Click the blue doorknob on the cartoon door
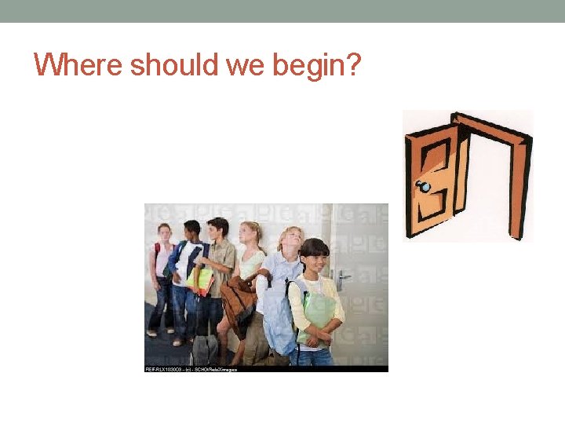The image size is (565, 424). [425, 187]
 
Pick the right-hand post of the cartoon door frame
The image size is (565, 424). [519, 188]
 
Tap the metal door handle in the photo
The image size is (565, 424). [342, 276]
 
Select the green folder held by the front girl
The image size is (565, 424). [319, 314]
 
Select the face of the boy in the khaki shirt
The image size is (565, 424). [221, 231]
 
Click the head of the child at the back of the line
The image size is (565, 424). [164, 232]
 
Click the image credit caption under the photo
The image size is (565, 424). [191, 368]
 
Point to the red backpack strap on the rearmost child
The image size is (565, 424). [155, 253]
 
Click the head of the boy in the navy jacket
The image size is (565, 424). [192, 231]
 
